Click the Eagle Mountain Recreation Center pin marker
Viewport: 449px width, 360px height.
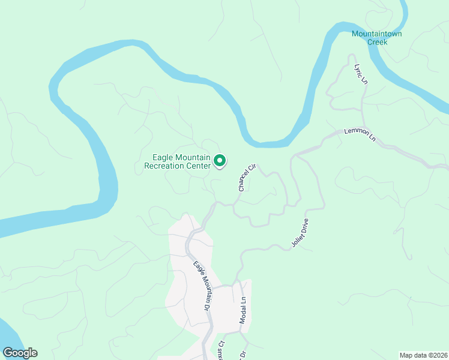(220, 161)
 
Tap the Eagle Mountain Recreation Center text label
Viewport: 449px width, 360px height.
(178, 162)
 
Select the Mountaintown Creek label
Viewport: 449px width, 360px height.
(377, 38)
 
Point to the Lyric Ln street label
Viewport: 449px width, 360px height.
(361, 74)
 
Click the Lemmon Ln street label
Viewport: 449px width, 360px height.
(360, 134)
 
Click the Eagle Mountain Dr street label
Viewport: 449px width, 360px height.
(202, 286)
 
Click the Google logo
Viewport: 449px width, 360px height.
(20, 353)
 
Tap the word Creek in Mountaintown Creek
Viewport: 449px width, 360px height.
(377, 42)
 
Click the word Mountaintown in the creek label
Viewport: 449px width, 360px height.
(377, 34)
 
